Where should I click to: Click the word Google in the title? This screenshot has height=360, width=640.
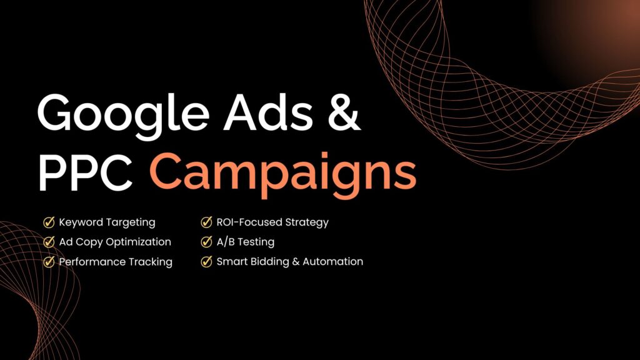[123, 116]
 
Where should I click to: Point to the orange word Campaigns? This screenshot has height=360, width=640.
[283, 176]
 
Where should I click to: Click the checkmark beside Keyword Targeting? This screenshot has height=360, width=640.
[49, 222]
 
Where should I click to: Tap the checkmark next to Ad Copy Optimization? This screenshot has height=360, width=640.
[49, 242]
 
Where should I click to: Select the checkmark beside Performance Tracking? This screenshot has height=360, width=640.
[49, 261]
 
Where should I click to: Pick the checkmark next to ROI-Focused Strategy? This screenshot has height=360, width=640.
[206, 222]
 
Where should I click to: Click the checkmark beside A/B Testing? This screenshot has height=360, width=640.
[206, 242]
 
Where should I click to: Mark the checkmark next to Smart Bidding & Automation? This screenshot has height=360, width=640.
[206, 261]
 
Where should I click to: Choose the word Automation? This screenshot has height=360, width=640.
[332, 261]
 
